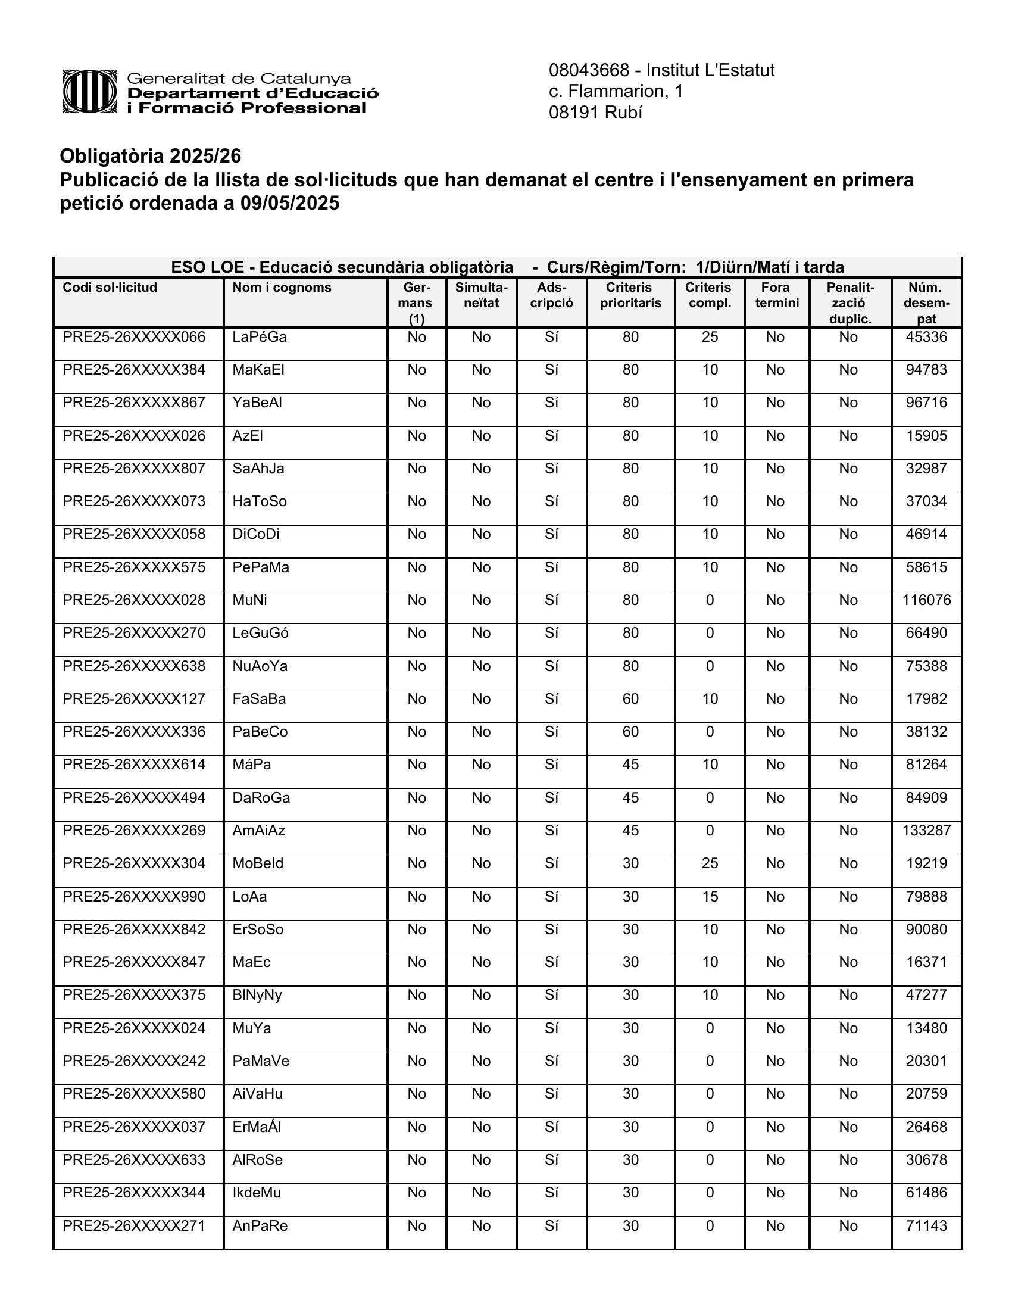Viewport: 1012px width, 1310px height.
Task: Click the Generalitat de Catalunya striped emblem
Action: pyautogui.click(x=89, y=92)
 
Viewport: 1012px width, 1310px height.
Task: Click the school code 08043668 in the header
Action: pyautogui.click(x=589, y=71)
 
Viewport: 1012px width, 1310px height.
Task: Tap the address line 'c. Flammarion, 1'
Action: pyautogui.click(x=616, y=91)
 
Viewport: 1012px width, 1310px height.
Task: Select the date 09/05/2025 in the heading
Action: pyautogui.click(x=289, y=203)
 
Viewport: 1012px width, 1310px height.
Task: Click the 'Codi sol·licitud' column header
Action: pyautogui.click(x=110, y=288)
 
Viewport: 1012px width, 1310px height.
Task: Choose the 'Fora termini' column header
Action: pyautogui.click(x=776, y=295)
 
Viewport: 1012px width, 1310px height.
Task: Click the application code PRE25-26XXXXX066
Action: pyautogui.click(x=134, y=337)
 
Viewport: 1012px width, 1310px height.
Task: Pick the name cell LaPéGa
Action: pyautogui.click(x=260, y=337)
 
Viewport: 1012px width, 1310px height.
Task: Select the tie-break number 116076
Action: pyautogui.click(x=926, y=600)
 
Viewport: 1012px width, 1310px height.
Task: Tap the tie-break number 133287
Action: pyautogui.click(x=926, y=831)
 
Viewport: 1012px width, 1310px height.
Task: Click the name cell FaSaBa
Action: pyautogui.click(x=259, y=700)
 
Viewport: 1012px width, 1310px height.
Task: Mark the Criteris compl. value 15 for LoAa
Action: pyautogui.click(x=710, y=897)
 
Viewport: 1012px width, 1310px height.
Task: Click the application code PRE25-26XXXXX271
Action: pyautogui.click(x=134, y=1226)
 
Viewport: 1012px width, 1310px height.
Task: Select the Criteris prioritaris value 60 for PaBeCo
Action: pyautogui.click(x=630, y=732)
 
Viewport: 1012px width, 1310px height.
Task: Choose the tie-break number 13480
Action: pyautogui.click(x=926, y=1029)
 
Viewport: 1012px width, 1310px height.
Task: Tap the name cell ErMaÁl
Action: pyautogui.click(x=257, y=1127)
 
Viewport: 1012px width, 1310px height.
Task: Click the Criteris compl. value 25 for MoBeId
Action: pyautogui.click(x=710, y=864)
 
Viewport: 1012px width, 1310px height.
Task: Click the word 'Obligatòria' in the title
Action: pyautogui.click(x=111, y=156)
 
